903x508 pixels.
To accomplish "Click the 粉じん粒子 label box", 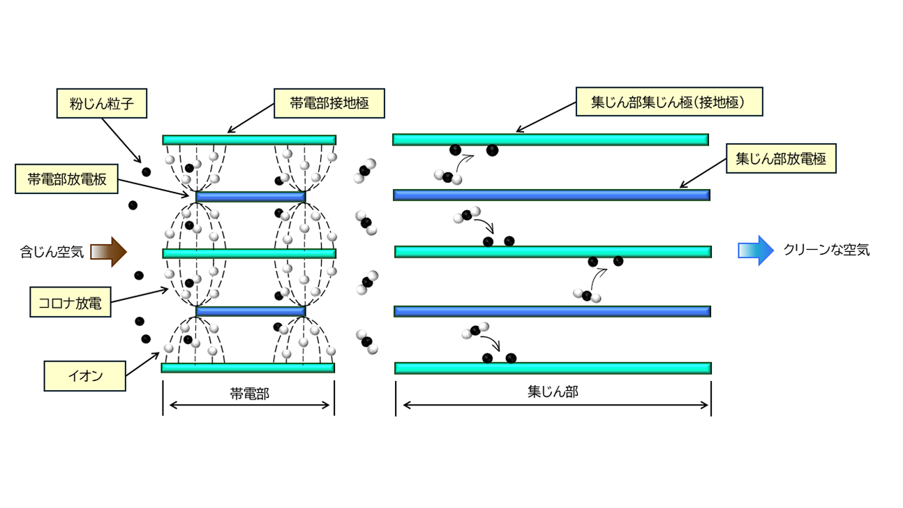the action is (x=102, y=103).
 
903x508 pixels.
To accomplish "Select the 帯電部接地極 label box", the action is (x=329, y=103).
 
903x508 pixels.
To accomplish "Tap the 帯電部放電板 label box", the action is (x=66, y=179).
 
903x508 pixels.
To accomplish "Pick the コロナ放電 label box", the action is (x=70, y=302).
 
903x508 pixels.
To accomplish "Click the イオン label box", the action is (x=84, y=376).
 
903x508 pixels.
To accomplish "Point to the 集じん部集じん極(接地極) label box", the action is (x=669, y=102).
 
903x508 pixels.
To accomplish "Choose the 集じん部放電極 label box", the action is (x=781, y=158).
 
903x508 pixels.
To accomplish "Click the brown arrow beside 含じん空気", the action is (x=108, y=252).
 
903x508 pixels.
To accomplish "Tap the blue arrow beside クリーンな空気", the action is (x=756, y=251).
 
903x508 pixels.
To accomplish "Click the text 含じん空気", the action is (x=52, y=252).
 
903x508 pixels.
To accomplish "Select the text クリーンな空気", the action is (x=826, y=250).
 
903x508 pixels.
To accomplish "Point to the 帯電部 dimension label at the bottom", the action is (x=250, y=394).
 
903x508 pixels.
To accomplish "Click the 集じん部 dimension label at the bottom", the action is (x=553, y=391).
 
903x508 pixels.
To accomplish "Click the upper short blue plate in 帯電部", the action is (x=251, y=197).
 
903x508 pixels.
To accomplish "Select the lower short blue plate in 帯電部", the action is (x=251, y=311).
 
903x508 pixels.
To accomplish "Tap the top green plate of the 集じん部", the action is (x=551, y=140).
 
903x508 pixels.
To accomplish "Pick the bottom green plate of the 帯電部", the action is (x=248, y=368).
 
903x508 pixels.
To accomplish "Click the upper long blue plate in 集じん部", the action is (x=551, y=195).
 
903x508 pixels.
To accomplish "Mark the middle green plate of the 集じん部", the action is (x=553, y=252).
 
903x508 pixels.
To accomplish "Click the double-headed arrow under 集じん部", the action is (x=555, y=405).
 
